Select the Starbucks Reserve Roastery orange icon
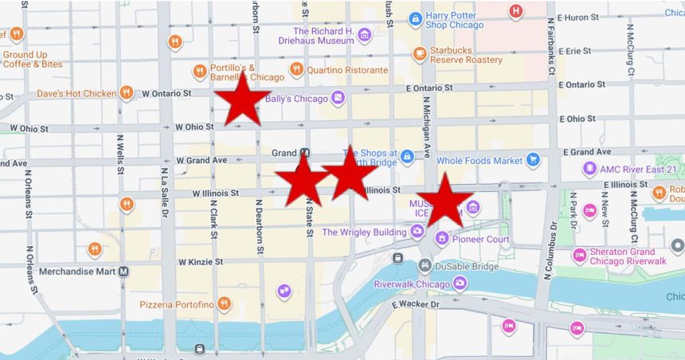pos(420,54)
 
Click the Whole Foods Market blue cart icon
pos(533,160)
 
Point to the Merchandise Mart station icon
pos(124,271)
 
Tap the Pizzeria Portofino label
pos(177,304)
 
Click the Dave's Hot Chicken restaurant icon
pos(126,93)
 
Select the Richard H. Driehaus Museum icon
pos(364,35)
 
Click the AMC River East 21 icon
pos(589,169)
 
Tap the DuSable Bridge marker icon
pos(425,265)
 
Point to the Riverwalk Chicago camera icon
pos(460,283)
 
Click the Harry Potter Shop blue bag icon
pos(415,19)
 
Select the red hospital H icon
pos(516,11)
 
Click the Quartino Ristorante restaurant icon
pos(296,69)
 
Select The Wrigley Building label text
pos(364,233)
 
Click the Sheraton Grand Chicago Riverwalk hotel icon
pos(580,256)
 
